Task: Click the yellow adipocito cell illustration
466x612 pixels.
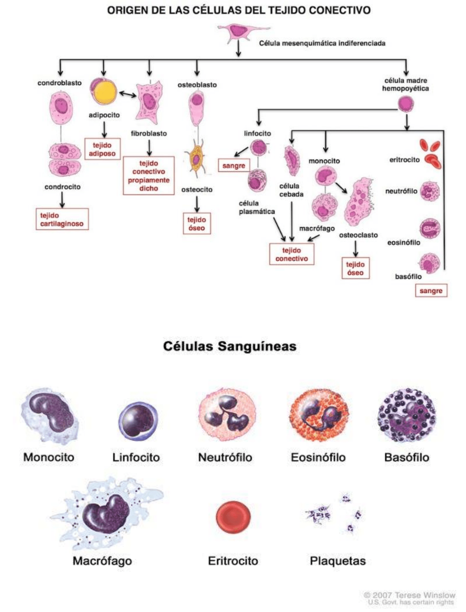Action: point(104,92)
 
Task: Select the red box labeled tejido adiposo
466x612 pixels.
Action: point(102,149)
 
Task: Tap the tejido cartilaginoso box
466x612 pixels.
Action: point(62,219)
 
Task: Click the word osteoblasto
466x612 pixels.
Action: point(197,85)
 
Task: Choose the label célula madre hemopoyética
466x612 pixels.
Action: point(406,85)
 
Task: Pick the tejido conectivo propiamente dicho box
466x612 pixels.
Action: point(148,176)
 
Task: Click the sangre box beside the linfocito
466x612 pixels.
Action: point(234,165)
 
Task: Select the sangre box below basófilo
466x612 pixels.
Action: point(431,291)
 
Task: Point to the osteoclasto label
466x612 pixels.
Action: point(358,235)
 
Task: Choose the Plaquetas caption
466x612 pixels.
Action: point(338,561)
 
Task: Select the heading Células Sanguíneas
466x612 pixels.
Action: point(230,346)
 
